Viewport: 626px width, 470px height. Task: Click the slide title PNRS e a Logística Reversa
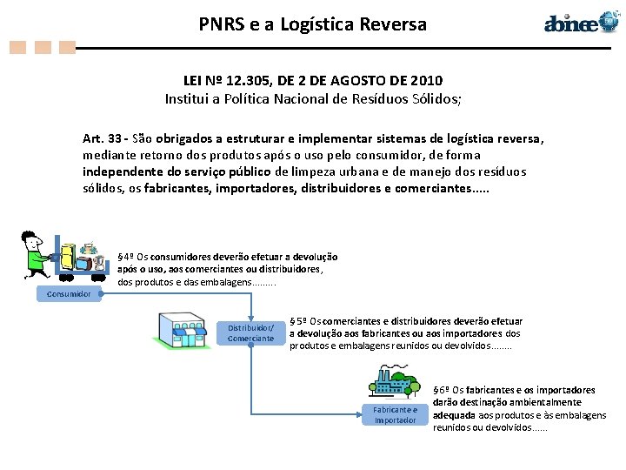[x=313, y=23]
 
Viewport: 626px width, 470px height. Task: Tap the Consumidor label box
[x=69, y=293]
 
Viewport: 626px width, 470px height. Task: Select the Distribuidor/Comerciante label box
[x=250, y=332]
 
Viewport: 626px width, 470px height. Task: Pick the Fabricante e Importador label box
[x=396, y=414]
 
